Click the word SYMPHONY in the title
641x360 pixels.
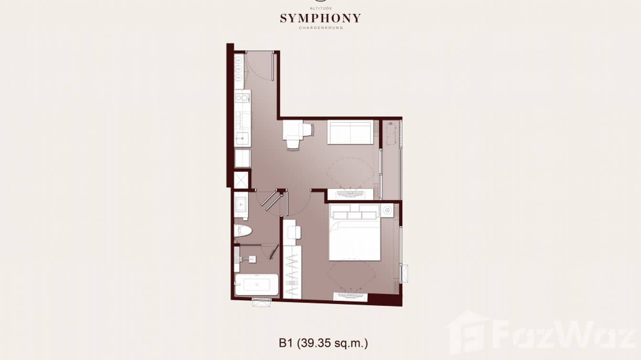click(x=320, y=19)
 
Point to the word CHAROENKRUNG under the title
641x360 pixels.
click(x=320, y=28)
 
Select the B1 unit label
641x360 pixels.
click(x=286, y=342)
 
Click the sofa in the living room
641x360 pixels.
click(x=350, y=132)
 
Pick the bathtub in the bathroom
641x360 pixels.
click(x=256, y=285)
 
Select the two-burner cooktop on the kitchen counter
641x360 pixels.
click(x=242, y=98)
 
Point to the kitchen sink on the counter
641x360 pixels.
click(x=242, y=138)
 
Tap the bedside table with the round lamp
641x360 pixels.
click(x=387, y=210)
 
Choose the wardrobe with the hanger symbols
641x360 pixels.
click(x=292, y=272)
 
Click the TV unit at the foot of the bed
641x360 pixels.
click(x=350, y=296)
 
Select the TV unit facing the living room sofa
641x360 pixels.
click(x=350, y=194)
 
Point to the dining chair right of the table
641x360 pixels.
click(x=308, y=129)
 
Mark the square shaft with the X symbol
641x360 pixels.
click(x=242, y=180)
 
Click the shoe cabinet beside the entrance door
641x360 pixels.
click(x=239, y=72)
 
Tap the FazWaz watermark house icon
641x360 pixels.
click(x=467, y=332)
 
